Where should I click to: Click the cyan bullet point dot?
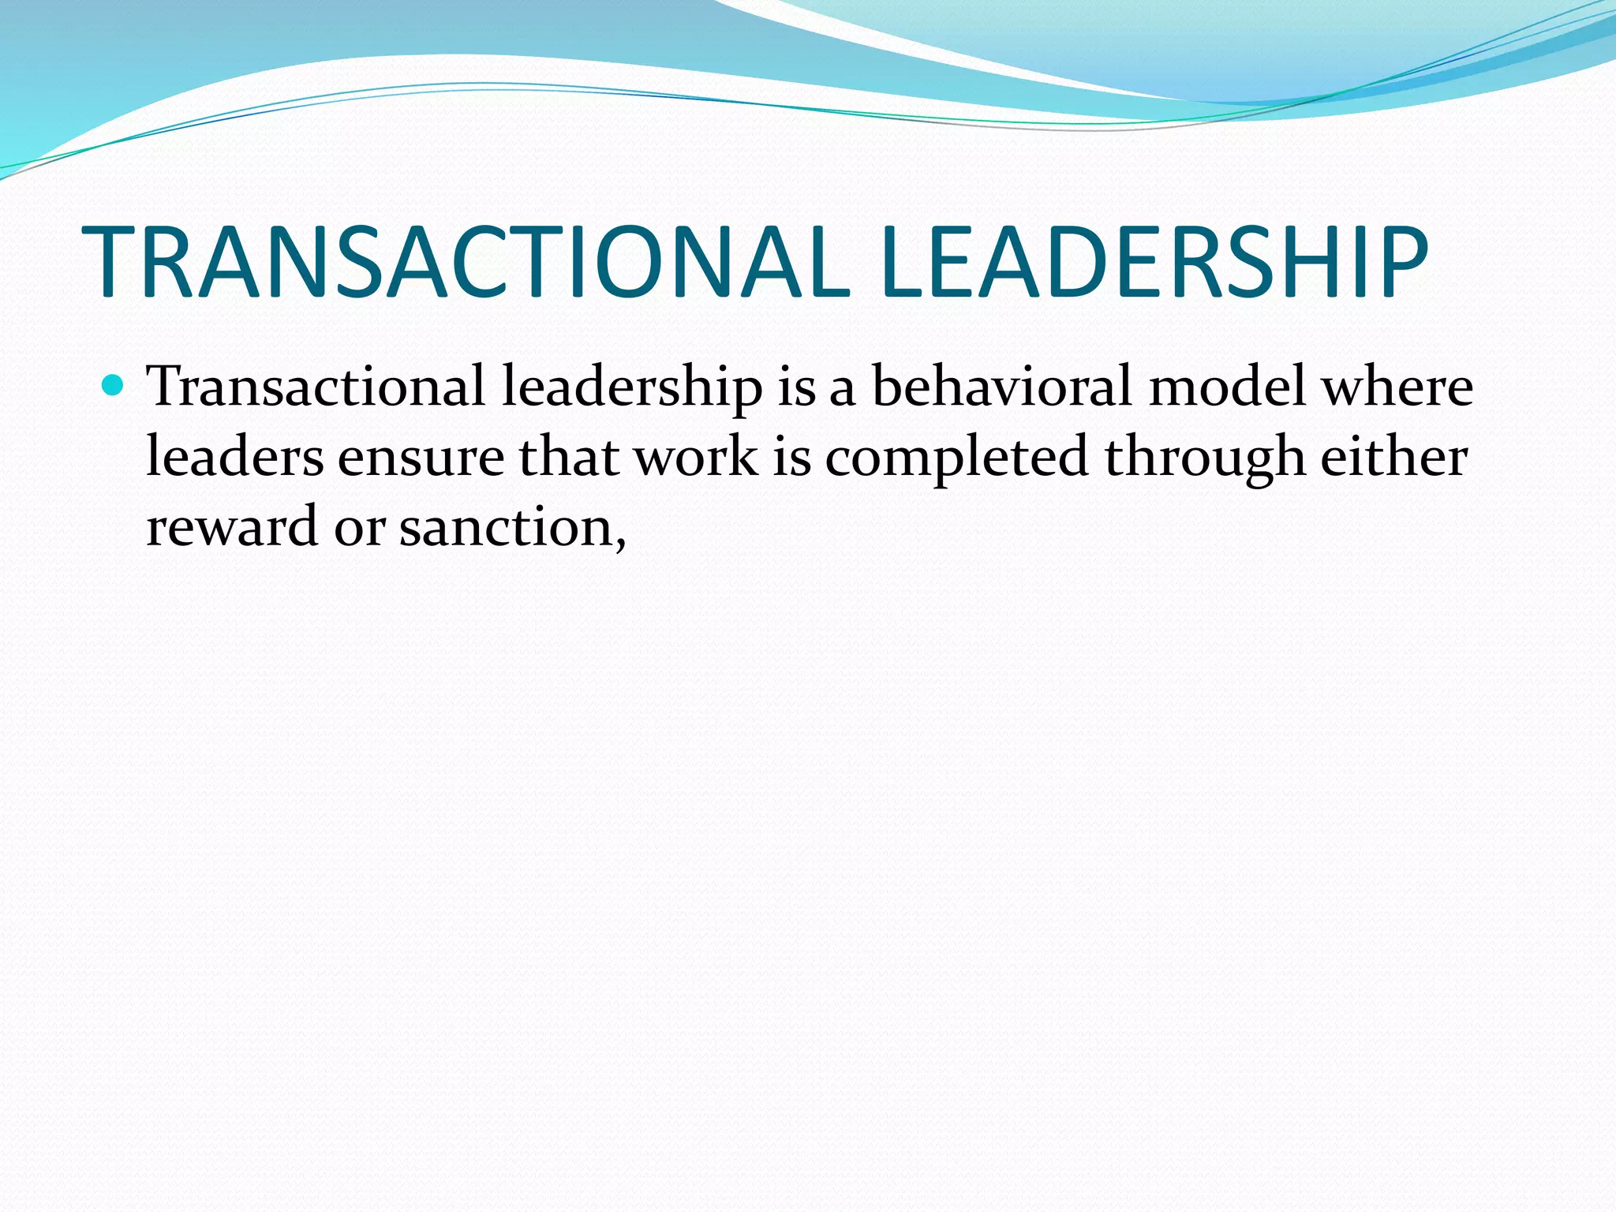point(114,386)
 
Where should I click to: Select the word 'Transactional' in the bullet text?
point(316,387)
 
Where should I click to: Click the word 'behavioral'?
point(1002,387)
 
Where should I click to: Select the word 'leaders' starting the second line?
point(234,458)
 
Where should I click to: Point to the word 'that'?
point(568,458)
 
